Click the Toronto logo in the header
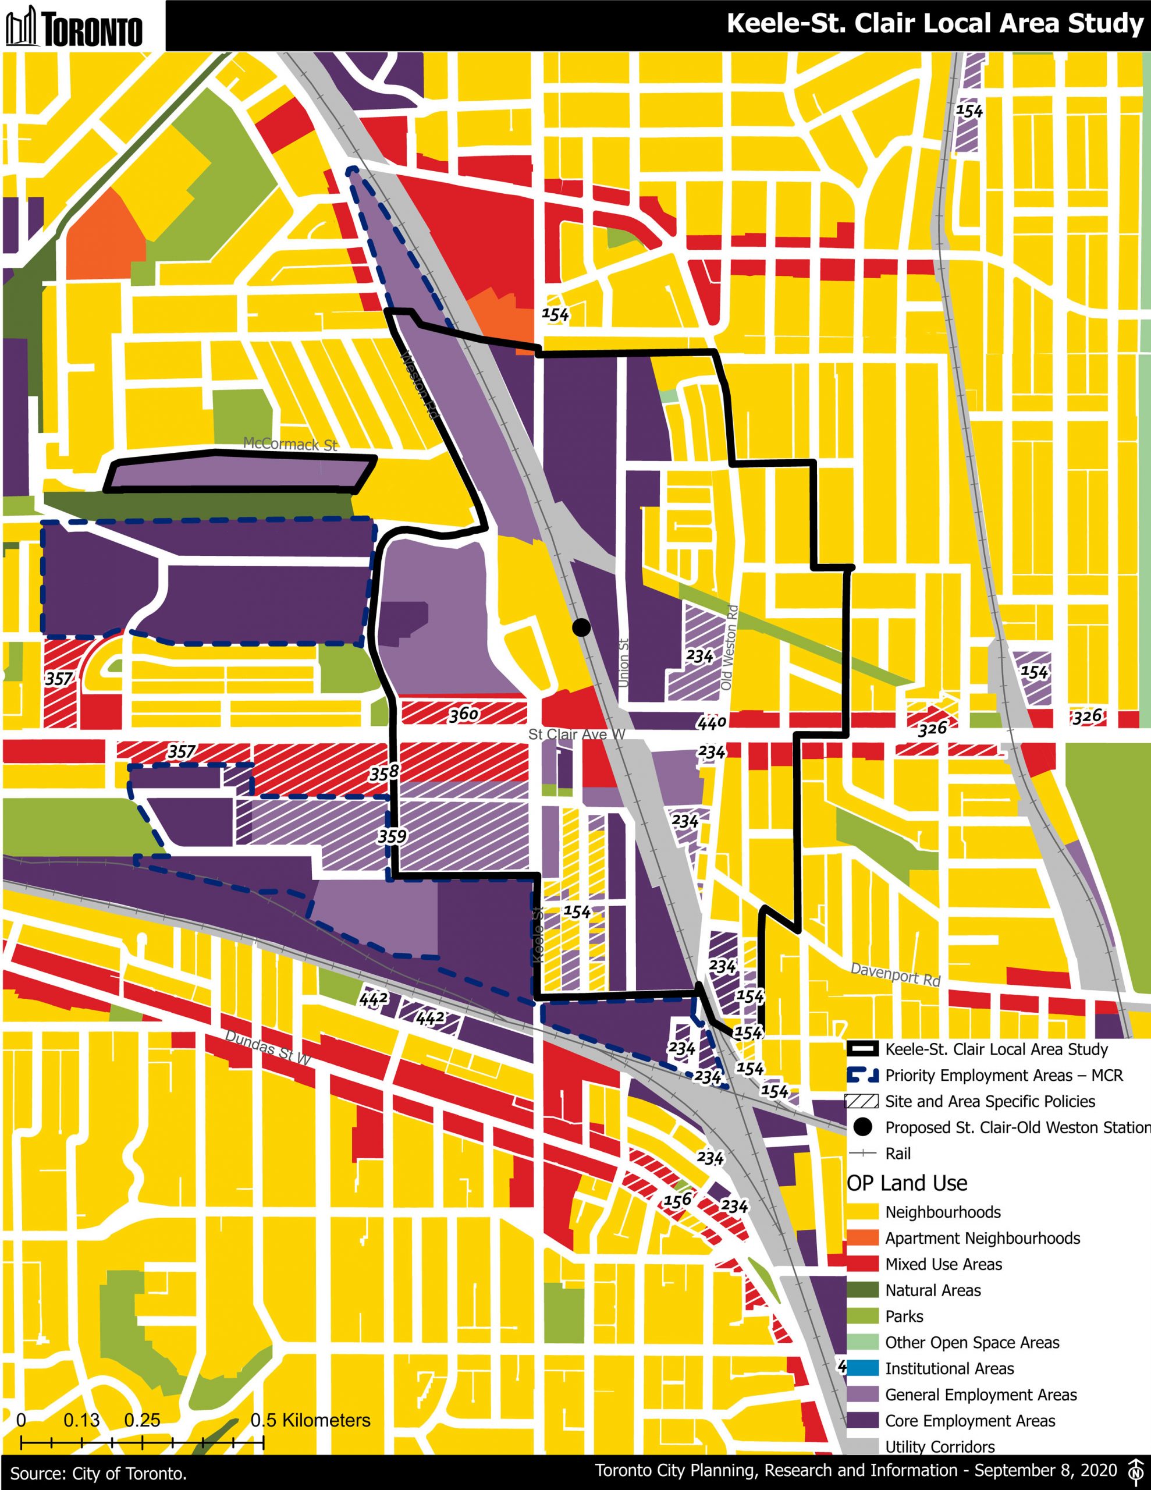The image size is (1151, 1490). point(74,26)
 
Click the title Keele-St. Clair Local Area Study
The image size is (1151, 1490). point(934,24)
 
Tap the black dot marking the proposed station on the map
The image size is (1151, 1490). point(581,627)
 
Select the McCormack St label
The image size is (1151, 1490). point(290,444)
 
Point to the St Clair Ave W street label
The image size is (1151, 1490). point(577,734)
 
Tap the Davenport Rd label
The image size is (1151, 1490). point(895,975)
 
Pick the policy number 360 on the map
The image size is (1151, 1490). point(464,714)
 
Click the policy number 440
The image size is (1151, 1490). point(712,722)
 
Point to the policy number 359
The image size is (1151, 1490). point(392,836)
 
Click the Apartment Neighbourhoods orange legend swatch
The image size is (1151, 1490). point(862,1237)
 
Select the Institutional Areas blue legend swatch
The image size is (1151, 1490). point(862,1368)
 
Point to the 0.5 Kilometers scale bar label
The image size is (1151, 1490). point(310,1420)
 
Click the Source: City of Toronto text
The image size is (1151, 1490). point(99,1474)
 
